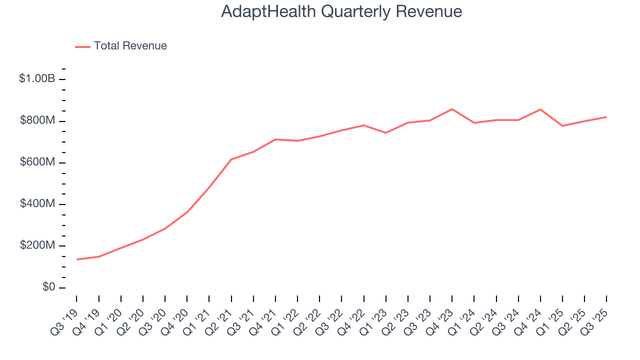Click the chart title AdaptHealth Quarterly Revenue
(341, 11)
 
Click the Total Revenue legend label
(130, 46)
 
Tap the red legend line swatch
(82, 46)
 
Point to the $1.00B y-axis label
(36, 79)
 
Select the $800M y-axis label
(36, 121)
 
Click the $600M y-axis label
(36, 162)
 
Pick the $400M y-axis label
(36, 204)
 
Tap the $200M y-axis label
(36, 245)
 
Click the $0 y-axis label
(48, 287)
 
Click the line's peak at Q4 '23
(452, 109)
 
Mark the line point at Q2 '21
(231, 159)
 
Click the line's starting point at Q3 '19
(77, 259)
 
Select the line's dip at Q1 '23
(385, 133)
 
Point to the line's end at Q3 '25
(606, 117)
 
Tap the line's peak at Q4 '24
(540, 109)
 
